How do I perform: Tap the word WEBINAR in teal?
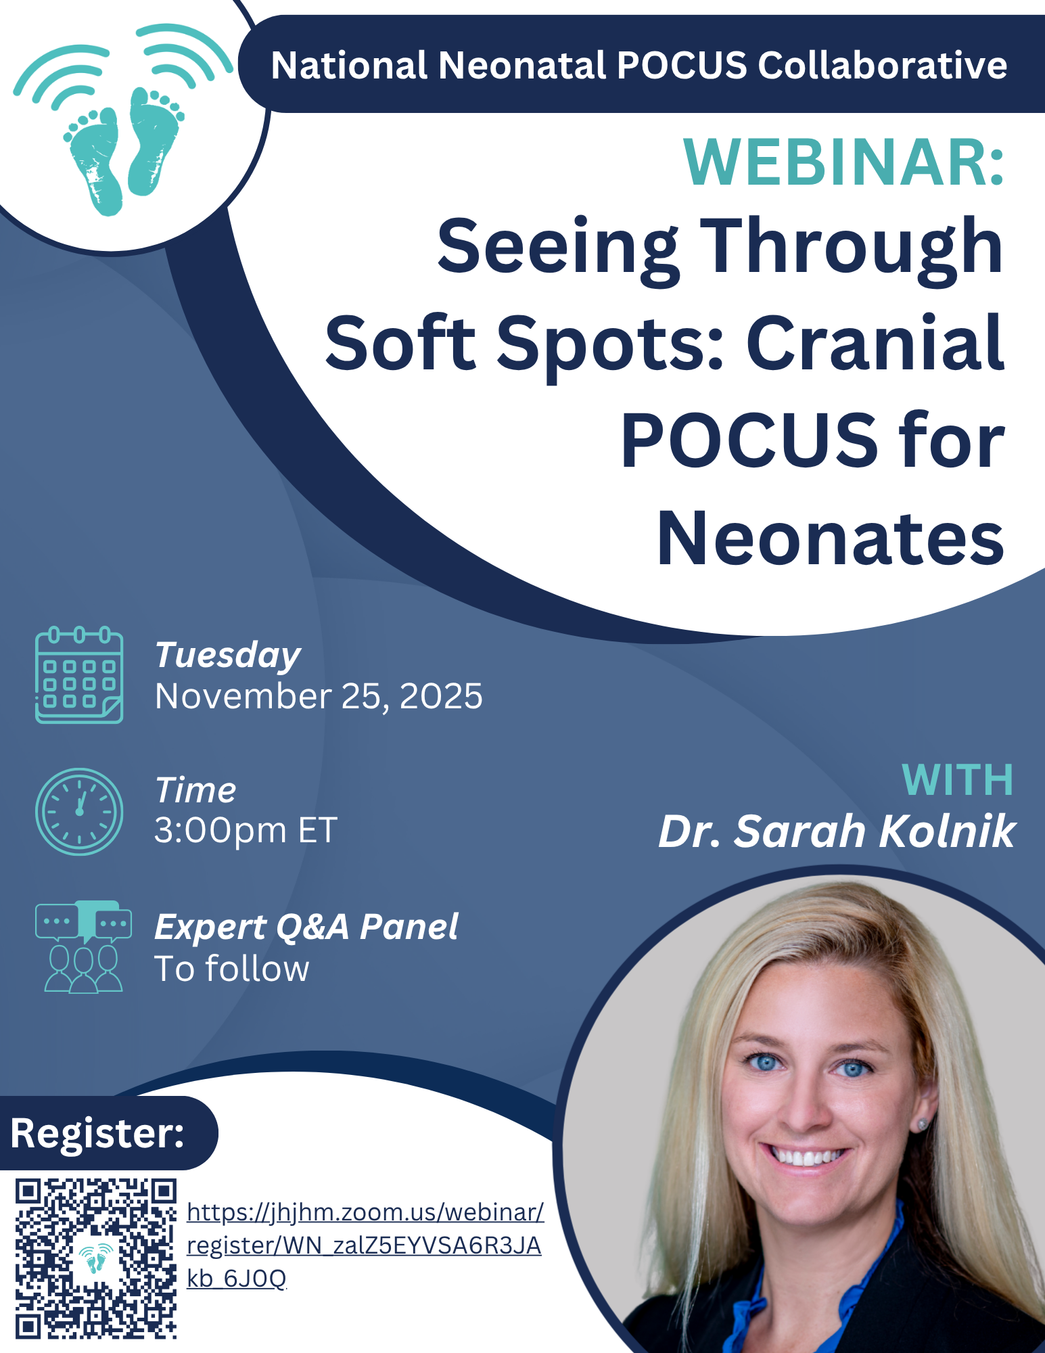836,163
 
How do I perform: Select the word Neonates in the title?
831,538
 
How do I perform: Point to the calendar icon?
79,675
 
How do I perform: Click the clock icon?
79,811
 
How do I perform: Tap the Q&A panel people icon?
83,946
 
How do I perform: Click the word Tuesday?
228,656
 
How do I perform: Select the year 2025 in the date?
441,696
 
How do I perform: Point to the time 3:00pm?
220,830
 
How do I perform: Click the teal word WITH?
958,780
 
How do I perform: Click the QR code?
96,1259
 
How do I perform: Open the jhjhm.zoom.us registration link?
365,1245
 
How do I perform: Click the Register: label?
97,1133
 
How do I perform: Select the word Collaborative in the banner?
883,66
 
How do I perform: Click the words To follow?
232,968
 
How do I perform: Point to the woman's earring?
922,1124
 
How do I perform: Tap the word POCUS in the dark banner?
682,66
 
